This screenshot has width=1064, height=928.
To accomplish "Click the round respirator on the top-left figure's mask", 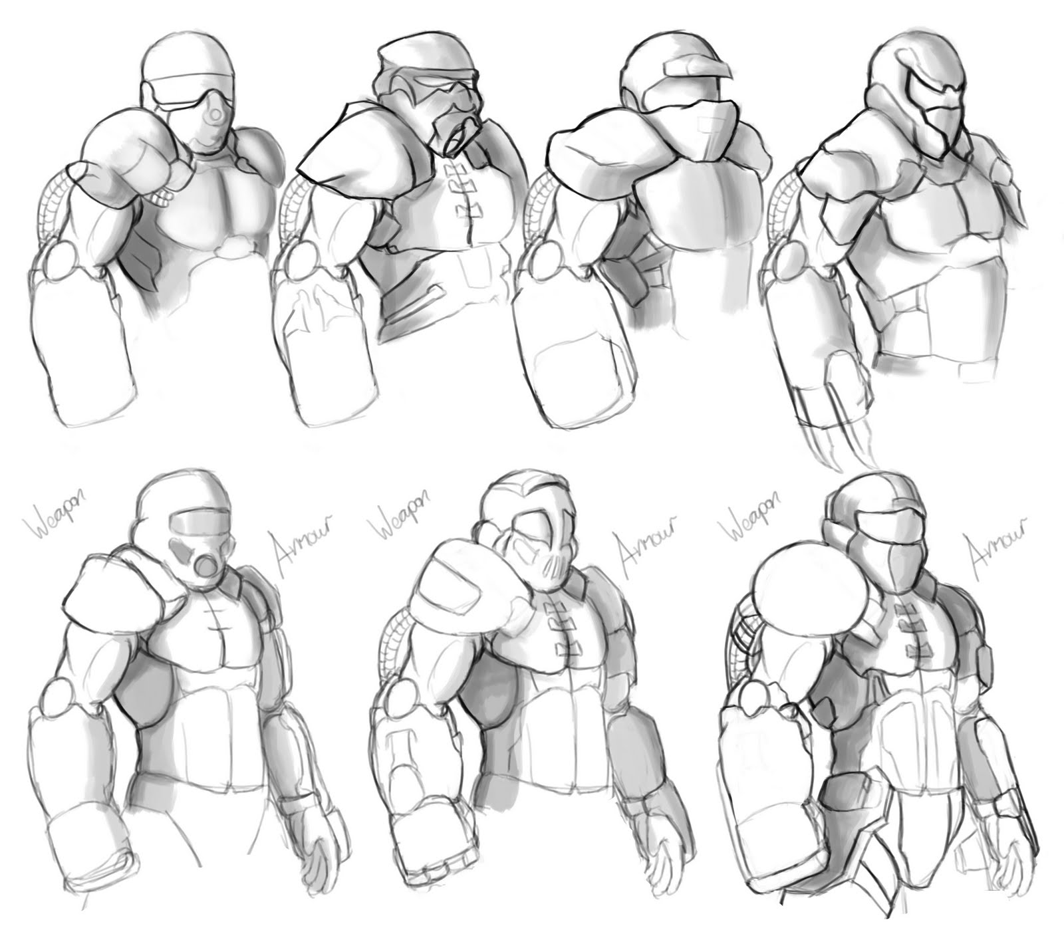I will (215, 116).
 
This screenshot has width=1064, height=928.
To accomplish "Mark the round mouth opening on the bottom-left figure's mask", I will (207, 566).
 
